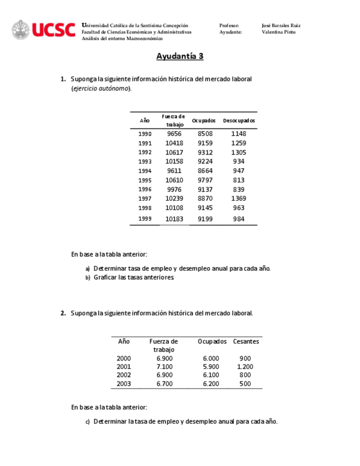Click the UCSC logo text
[53, 30]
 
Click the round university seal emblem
[21, 30]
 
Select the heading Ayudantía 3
[180, 56]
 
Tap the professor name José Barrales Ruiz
[281, 25]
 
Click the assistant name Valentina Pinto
[279, 32]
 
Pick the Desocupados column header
[239, 120]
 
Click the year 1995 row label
[145, 180]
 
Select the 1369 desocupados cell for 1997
[239, 198]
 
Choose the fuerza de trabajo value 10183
[174, 219]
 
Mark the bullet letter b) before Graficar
[87, 278]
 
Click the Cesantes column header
[246, 341]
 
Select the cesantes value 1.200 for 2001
[245, 367]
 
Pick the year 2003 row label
[124, 384]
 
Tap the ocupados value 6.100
[211, 375]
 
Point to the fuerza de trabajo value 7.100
[164, 367]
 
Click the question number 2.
[63, 313]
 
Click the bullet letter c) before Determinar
[87, 422]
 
